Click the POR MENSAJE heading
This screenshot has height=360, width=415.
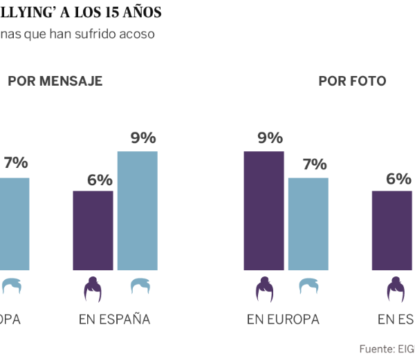click(x=55, y=82)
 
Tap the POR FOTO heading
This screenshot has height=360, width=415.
click(x=352, y=82)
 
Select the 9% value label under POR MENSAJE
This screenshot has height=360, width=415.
click(x=143, y=138)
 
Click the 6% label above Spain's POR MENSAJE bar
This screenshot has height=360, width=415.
click(x=100, y=180)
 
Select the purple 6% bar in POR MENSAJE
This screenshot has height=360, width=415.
click(x=93, y=230)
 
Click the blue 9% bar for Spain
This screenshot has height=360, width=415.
click(x=138, y=210)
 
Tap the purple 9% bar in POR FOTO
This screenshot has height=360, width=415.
click(x=264, y=210)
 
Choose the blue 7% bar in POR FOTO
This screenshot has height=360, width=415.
click(x=308, y=223)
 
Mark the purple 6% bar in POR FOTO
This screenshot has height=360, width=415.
click(x=393, y=230)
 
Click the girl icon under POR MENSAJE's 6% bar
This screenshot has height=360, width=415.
click(x=93, y=290)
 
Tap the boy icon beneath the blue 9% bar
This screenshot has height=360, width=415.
click(x=141, y=286)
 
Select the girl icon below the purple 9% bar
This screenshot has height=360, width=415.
click(x=264, y=290)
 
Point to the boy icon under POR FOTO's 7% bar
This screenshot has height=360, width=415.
click(x=308, y=286)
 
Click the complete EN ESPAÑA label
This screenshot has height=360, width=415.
click(x=114, y=320)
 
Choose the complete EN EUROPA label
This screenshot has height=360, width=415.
click(x=283, y=320)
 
